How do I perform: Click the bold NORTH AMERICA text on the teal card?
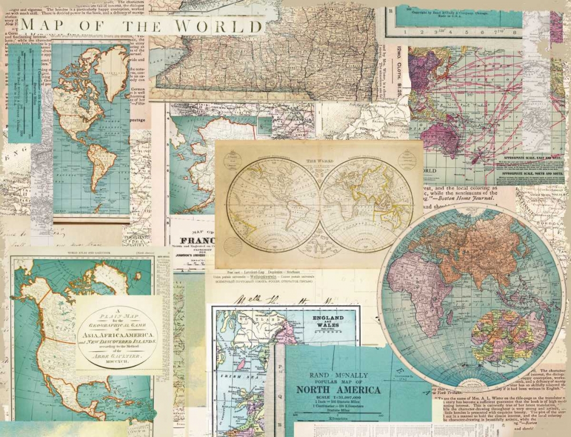click(344, 390)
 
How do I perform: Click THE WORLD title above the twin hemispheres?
click(319, 161)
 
